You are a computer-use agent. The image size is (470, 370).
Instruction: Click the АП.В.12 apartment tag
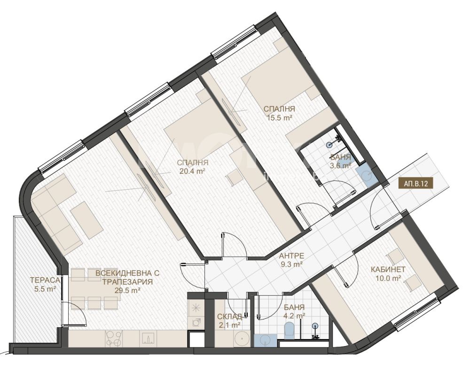(x=416, y=184)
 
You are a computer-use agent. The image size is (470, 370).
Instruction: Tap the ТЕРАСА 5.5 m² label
(x=45, y=285)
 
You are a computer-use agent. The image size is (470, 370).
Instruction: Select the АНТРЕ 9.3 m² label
(x=291, y=260)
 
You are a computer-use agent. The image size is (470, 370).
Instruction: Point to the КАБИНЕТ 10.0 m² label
(x=388, y=274)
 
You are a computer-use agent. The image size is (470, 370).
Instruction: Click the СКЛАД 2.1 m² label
(x=229, y=321)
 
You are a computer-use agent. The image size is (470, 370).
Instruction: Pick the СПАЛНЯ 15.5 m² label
(x=279, y=113)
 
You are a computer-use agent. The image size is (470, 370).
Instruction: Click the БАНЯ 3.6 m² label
(x=340, y=161)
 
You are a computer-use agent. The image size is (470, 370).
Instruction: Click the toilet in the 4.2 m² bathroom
(x=290, y=330)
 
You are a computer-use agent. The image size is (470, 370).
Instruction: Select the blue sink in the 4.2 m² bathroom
(x=266, y=341)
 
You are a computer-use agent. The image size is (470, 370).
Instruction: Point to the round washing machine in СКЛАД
(x=241, y=339)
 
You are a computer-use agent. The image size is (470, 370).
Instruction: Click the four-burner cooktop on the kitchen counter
(x=114, y=339)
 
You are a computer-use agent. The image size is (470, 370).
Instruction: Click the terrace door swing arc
(x=80, y=308)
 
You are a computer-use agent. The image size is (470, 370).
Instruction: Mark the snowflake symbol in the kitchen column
(x=196, y=308)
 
